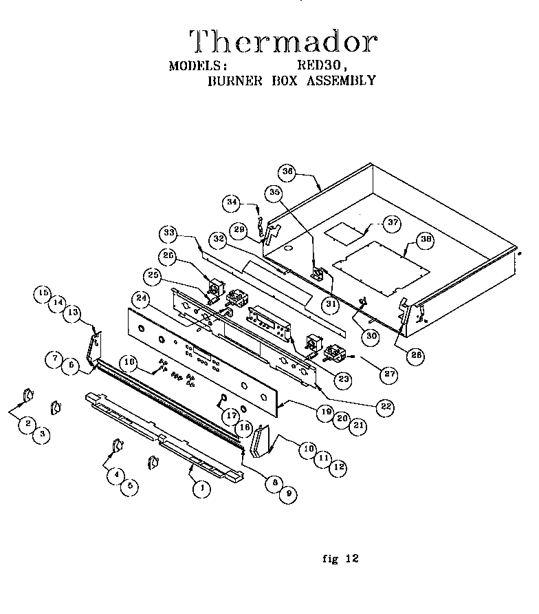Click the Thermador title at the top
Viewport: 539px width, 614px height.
tap(283, 42)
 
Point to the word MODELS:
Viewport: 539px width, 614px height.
tap(198, 66)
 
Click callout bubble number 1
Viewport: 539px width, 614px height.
tap(201, 489)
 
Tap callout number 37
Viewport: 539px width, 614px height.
tap(392, 222)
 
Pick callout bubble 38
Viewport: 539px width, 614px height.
tap(426, 240)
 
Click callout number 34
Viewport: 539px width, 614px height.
tap(232, 202)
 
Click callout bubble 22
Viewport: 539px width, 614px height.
tap(386, 406)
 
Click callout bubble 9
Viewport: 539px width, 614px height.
tap(283, 494)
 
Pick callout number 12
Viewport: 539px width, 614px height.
tap(338, 467)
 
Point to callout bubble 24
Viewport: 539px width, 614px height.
tap(142, 299)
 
